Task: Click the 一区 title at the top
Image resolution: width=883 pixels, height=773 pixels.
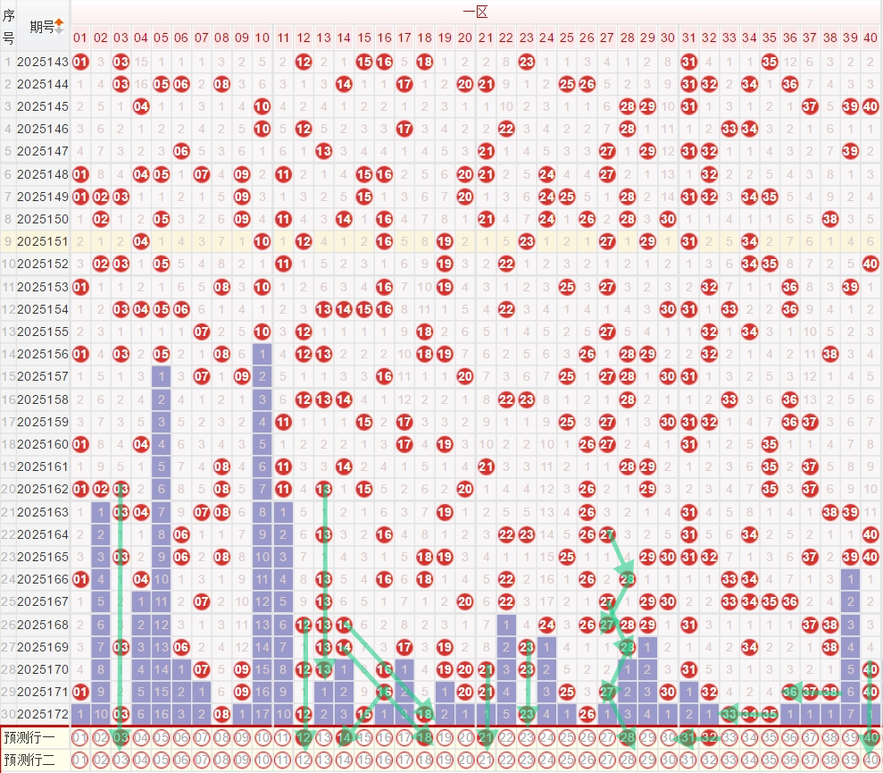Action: coord(474,12)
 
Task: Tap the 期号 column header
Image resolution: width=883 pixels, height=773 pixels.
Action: coord(41,26)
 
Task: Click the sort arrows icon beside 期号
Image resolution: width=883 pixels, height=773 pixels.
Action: coord(59,26)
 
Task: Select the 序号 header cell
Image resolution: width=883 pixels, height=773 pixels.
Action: coord(8,26)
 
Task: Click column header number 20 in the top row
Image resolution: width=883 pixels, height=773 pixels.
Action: coord(465,38)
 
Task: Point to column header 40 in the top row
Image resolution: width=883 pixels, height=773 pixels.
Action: coord(871,38)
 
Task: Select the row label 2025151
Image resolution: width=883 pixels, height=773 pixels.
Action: coord(43,241)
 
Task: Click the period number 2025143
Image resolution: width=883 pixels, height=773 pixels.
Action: coord(43,62)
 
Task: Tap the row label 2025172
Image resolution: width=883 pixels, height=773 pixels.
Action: coord(43,713)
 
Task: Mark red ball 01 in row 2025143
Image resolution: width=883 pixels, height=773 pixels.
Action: coord(80,62)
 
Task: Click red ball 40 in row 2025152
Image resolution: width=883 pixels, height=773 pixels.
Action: coord(871,264)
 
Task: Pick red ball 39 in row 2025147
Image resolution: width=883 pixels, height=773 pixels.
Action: coord(850,151)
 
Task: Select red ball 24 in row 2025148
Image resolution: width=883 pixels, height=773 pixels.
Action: coord(546,174)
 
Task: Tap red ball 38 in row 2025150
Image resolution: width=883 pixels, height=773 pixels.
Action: coord(829,219)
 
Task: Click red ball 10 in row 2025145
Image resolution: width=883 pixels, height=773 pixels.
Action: coord(262,106)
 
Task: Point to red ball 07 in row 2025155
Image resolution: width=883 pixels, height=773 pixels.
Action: coord(201,332)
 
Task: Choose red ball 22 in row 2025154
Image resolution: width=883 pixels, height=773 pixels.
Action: coord(506,309)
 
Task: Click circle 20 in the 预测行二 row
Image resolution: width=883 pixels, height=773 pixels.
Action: coord(465,760)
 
